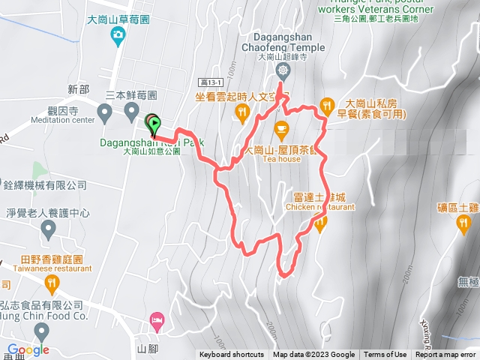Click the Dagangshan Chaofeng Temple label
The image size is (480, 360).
tap(283, 38)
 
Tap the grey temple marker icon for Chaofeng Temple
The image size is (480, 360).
tap(283, 72)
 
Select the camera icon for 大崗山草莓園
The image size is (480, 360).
tap(118, 34)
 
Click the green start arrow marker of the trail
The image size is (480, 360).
tap(153, 123)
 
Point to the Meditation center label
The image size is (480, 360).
tap(63, 119)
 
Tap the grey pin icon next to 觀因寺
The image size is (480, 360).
tap(106, 112)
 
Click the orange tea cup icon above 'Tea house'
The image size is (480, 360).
tap(281, 127)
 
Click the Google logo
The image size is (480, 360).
tap(28, 349)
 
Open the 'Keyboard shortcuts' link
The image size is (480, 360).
tap(231, 355)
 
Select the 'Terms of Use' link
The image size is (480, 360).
tap(385, 355)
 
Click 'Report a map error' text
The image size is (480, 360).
tap(445, 355)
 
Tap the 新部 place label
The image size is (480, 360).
tap(78, 89)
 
